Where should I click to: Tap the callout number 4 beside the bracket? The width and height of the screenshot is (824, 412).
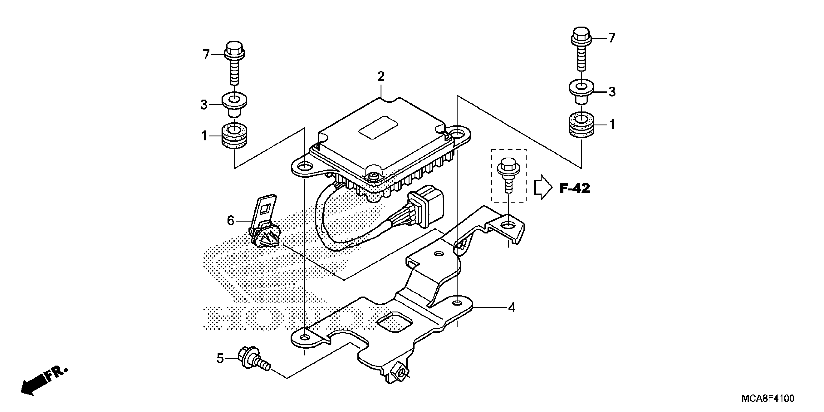512,308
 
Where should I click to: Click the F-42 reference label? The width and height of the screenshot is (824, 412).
574,189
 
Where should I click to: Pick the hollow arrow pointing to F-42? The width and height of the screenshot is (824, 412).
543,187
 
